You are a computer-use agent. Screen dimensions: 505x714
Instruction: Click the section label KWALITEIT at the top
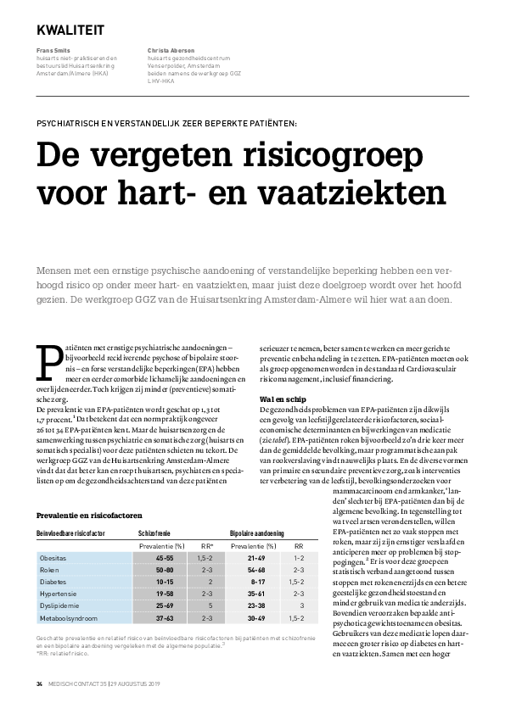pyautogui.click(x=70, y=30)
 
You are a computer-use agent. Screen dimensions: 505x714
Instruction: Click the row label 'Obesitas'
pyautogui.click(x=53, y=559)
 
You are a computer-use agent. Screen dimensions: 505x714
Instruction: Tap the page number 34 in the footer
pyautogui.click(x=39, y=683)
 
